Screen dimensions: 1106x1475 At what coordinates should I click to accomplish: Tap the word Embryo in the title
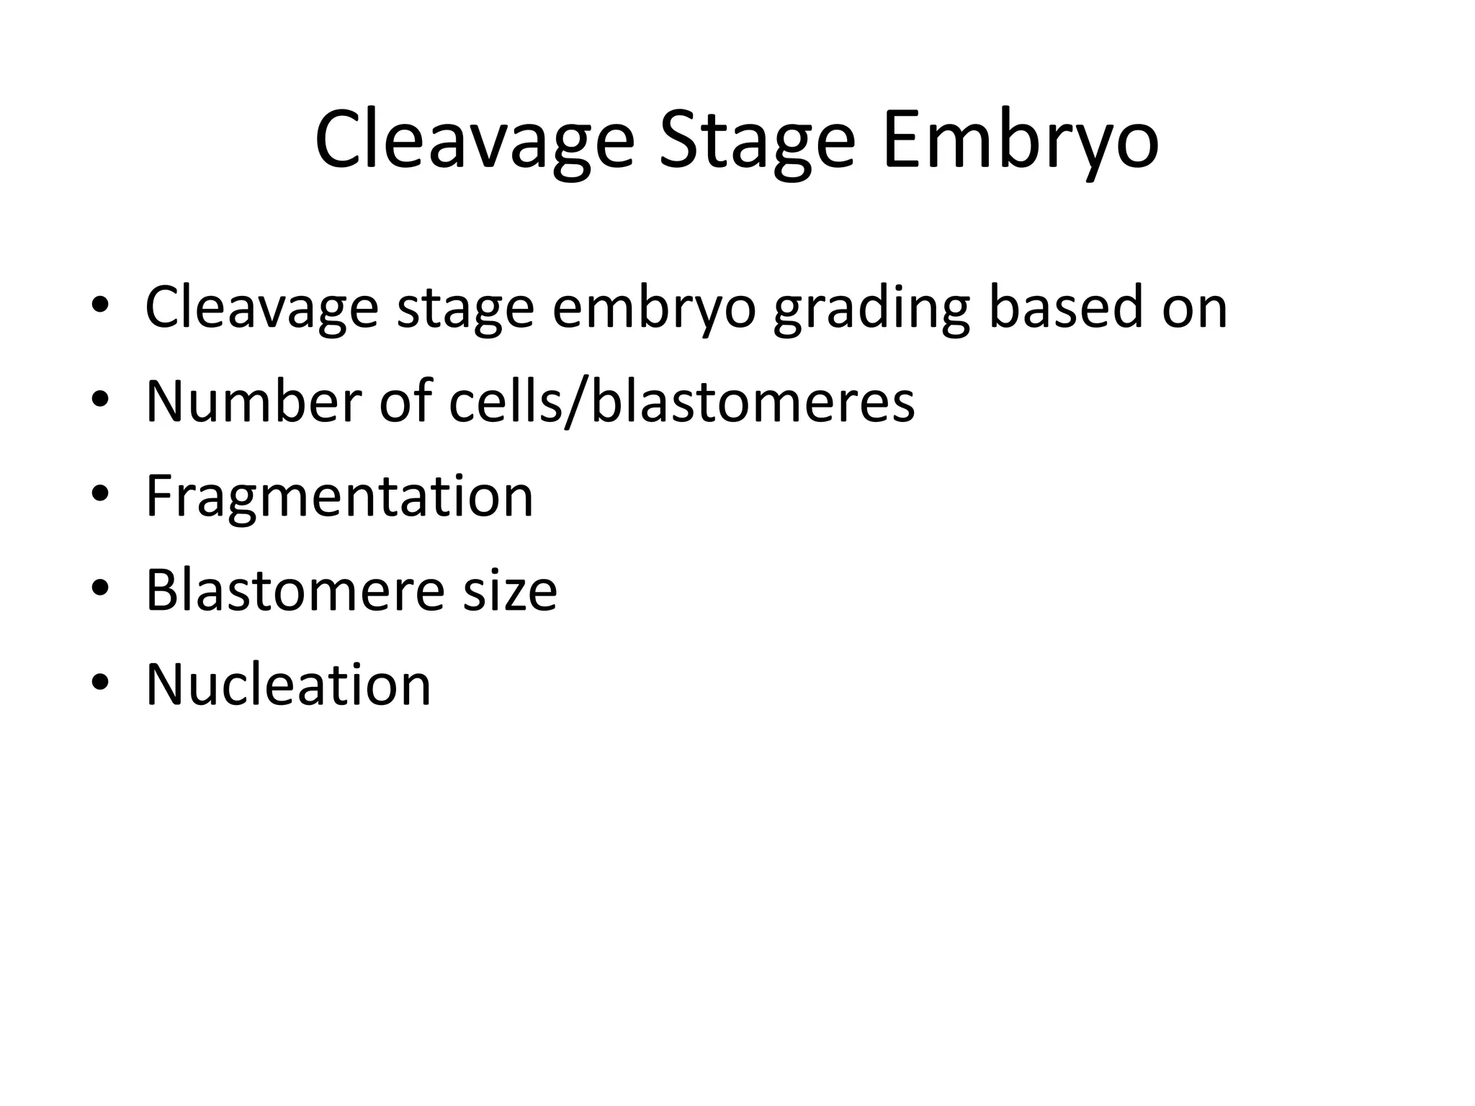pyautogui.click(x=1021, y=140)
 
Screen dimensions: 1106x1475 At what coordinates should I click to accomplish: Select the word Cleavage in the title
pyautogui.click(x=475, y=140)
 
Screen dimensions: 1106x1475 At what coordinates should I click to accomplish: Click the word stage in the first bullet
pyautogui.click(x=465, y=308)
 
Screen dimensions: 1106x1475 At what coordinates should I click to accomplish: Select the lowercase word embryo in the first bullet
pyautogui.click(x=654, y=308)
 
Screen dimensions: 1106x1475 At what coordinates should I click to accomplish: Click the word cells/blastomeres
pyautogui.click(x=681, y=401)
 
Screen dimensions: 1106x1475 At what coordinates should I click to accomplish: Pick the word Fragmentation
pyautogui.click(x=339, y=496)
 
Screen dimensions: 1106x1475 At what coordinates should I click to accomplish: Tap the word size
pyautogui.click(x=509, y=590)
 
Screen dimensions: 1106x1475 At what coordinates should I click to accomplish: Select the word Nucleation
pyautogui.click(x=288, y=684)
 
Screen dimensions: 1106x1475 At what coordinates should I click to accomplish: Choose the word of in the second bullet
pyautogui.click(x=405, y=401)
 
